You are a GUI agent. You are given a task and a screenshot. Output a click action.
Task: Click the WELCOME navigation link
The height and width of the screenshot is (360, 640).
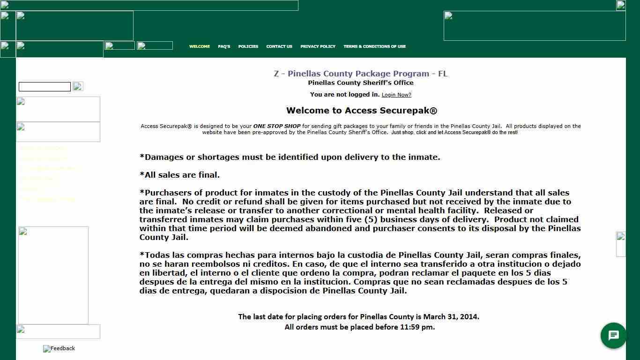(199, 46)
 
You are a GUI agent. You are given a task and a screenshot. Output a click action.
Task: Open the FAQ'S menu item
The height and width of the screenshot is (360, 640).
(224, 46)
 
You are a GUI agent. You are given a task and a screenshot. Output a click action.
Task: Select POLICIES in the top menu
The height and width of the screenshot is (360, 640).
(248, 46)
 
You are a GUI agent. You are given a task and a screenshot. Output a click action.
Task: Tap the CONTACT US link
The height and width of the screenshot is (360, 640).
(279, 46)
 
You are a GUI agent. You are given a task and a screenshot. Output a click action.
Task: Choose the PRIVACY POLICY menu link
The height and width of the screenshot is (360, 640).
(318, 46)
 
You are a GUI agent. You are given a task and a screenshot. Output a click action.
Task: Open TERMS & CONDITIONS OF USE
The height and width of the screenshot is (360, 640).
(374, 46)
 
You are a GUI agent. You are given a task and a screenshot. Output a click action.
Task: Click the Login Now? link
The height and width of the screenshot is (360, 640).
(396, 95)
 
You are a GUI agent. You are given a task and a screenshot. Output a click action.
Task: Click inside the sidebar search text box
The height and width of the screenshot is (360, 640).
(45, 87)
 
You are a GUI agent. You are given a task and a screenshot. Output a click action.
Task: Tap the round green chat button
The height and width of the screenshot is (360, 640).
(613, 336)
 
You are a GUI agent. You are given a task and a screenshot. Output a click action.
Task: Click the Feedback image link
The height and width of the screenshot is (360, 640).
(59, 348)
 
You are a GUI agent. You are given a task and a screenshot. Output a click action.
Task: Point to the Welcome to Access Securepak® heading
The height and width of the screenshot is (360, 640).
(361, 111)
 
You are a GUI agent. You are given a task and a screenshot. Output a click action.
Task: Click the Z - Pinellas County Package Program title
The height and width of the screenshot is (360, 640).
(360, 74)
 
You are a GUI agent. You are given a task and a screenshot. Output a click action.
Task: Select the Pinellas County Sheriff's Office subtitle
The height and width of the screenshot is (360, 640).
(360, 83)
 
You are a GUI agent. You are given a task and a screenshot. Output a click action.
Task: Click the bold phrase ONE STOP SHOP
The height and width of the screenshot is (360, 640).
(276, 126)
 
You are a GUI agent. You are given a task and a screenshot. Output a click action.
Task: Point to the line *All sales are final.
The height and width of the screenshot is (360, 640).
(179, 175)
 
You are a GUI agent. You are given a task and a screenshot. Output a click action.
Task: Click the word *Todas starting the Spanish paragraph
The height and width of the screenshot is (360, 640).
(156, 255)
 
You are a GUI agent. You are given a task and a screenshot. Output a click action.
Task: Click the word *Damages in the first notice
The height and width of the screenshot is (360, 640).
(162, 157)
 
